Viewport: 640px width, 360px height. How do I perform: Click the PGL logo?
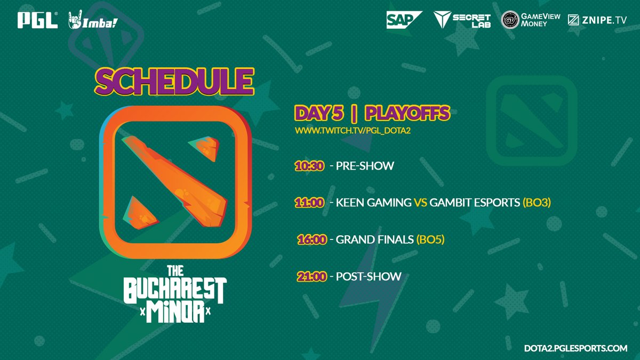37,20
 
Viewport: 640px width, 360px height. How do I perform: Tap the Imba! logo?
93,20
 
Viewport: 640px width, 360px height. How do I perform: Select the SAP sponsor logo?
404,20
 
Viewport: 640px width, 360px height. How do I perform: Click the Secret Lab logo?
462,20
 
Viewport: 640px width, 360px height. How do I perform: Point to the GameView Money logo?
530,20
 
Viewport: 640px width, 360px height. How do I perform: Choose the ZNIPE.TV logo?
597,20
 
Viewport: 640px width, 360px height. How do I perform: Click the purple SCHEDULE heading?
174,82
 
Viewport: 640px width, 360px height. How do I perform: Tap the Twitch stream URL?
353,131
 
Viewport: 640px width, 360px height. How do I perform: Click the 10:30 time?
309,166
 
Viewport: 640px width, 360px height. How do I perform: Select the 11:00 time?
309,203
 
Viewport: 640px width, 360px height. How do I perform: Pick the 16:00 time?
311,239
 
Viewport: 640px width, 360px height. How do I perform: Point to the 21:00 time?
311,277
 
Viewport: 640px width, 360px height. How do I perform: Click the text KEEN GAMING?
373,203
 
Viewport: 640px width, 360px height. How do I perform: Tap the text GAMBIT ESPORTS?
475,203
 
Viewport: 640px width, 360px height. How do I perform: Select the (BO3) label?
537,203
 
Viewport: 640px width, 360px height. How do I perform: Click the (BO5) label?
430,239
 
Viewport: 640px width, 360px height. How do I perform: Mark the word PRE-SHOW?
365,166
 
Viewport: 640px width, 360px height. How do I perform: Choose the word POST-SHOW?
369,276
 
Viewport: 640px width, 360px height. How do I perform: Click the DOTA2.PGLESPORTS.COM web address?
575,348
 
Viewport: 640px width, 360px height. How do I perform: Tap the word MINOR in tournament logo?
175,311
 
